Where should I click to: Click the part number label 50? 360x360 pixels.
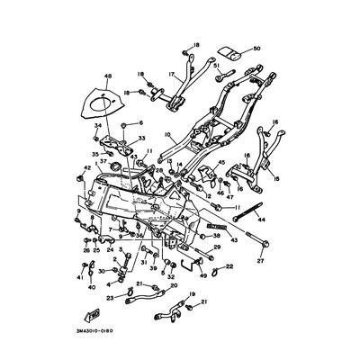click(256, 48)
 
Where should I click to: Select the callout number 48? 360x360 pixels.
click(107, 76)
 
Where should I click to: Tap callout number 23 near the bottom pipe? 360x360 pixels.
click(111, 298)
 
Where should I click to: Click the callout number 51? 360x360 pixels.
click(217, 66)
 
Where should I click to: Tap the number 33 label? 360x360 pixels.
click(140, 138)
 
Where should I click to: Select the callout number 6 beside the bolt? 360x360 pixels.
click(140, 120)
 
